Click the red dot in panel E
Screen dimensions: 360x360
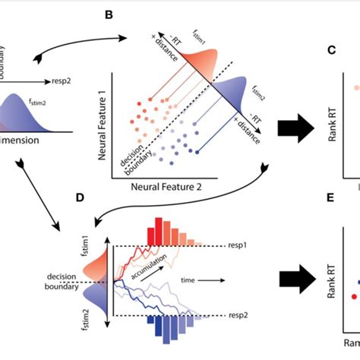[x=352, y=295]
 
